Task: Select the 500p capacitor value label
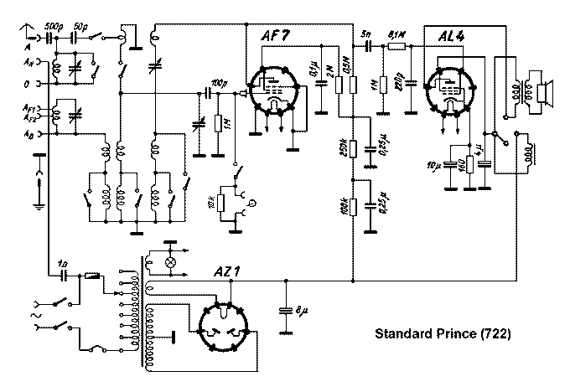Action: [52, 27]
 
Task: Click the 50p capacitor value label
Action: [81, 27]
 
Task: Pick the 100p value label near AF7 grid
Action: [218, 84]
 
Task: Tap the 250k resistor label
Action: [344, 151]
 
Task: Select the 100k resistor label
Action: [344, 208]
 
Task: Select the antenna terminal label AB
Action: [29, 133]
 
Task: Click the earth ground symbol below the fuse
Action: [37, 202]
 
